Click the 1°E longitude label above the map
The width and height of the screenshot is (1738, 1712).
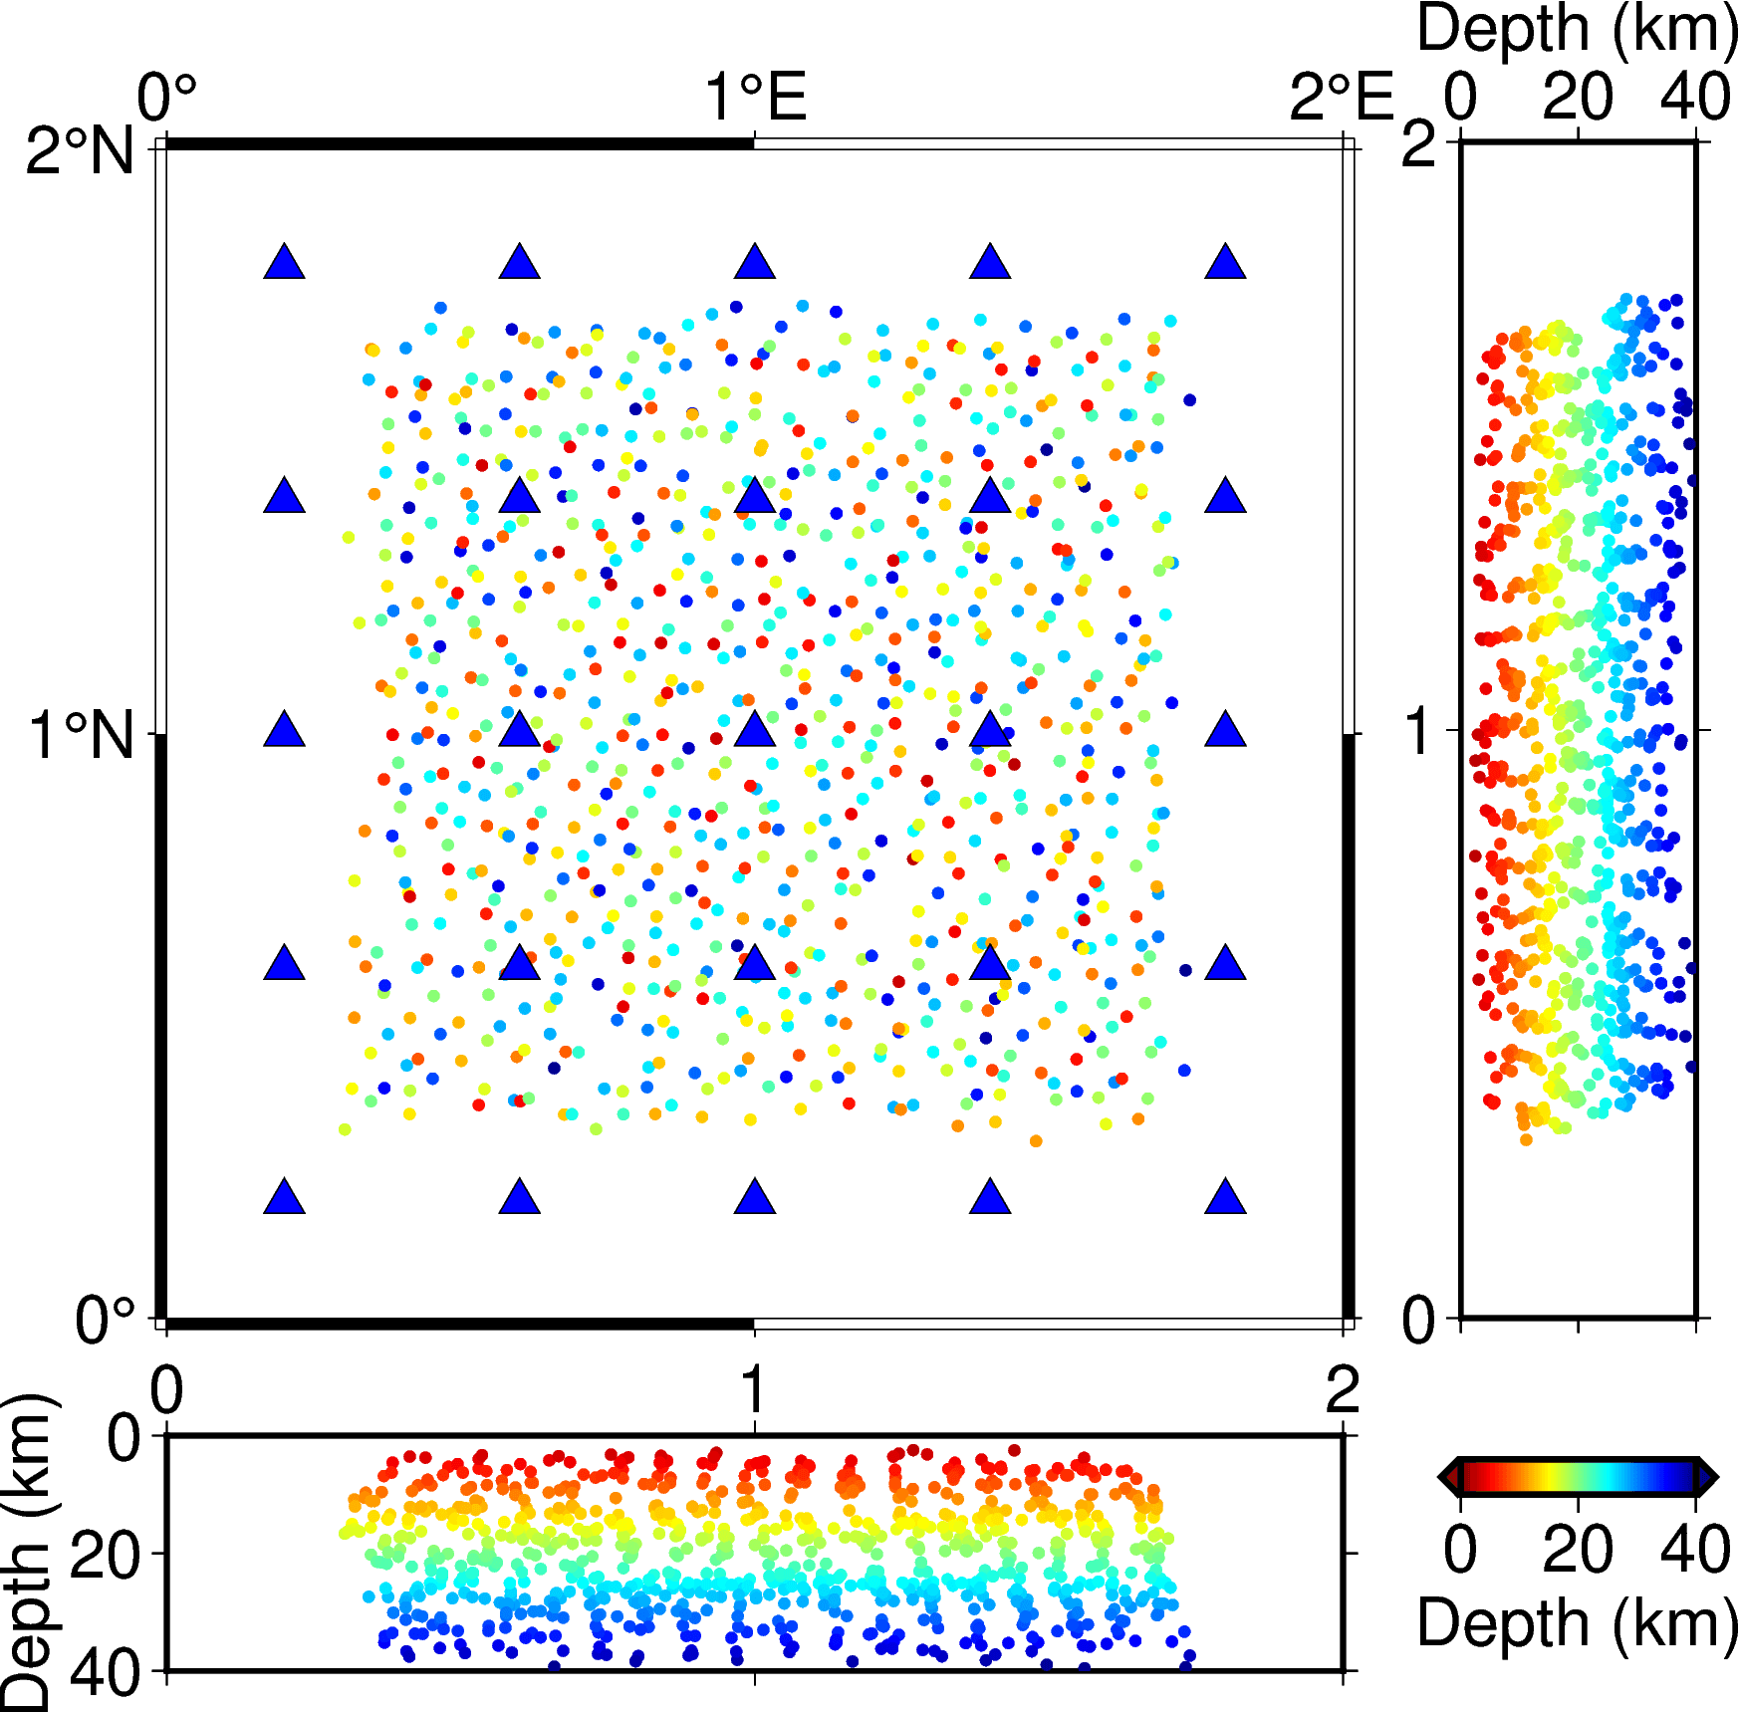point(755,98)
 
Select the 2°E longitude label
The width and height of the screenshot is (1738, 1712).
point(1340,98)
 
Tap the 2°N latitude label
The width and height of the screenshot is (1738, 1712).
point(80,151)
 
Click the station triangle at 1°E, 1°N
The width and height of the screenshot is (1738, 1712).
point(755,731)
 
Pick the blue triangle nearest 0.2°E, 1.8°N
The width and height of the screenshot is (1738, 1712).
point(284,263)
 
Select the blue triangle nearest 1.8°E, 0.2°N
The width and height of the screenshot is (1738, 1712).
point(1225,1198)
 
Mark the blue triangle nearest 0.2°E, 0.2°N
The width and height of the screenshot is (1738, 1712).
point(284,1198)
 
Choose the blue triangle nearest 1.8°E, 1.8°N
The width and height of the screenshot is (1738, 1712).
point(1225,263)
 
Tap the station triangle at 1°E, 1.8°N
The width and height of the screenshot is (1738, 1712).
point(755,263)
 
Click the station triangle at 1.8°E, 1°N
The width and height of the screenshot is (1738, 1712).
point(1225,731)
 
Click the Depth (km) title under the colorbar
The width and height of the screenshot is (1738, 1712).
point(1577,1623)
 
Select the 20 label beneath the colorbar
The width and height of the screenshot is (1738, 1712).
point(1578,1551)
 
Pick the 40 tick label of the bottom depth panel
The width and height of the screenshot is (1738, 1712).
point(105,1674)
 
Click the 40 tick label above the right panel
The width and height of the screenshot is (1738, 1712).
point(1695,98)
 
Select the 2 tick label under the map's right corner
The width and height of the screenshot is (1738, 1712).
point(1343,1389)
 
